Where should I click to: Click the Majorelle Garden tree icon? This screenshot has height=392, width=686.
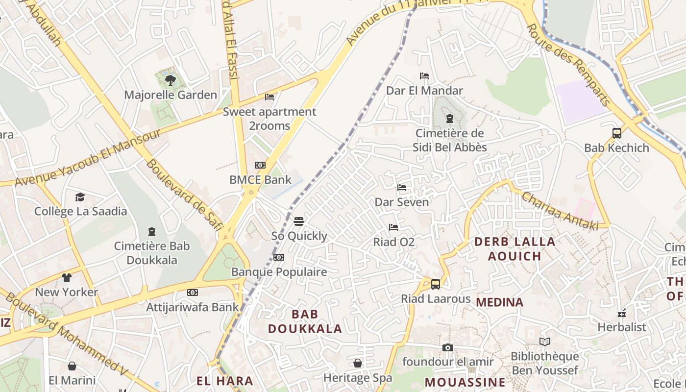pyautogui.click(x=170, y=80)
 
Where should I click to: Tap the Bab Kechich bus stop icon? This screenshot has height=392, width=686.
pyautogui.click(x=616, y=133)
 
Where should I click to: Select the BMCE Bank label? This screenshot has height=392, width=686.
pyautogui.click(x=260, y=180)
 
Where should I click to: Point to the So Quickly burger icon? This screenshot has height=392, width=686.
pyautogui.click(x=299, y=221)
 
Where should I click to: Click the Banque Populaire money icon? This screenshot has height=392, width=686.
pyautogui.click(x=279, y=257)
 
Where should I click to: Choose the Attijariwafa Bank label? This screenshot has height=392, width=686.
pyautogui.click(x=193, y=307)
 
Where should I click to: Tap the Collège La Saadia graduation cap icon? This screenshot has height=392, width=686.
pyautogui.click(x=80, y=197)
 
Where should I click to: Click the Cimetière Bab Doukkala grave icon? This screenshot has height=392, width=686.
pyautogui.click(x=152, y=231)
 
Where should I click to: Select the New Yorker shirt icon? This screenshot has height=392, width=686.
pyautogui.click(x=67, y=278)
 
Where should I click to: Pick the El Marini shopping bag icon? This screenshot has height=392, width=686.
pyautogui.click(x=72, y=366)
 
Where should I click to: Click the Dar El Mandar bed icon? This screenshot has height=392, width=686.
pyautogui.click(x=424, y=76)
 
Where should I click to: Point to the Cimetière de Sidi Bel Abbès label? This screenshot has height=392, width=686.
pyautogui.click(x=449, y=140)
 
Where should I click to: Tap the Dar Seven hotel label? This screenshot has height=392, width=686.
pyautogui.click(x=401, y=202)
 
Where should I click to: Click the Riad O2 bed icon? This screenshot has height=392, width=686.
pyautogui.click(x=393, y=227)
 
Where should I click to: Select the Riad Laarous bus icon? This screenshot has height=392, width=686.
pyautogui.click(x=435, y=284)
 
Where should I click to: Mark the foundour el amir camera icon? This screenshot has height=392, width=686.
pyautogui.click(x=447, y=347)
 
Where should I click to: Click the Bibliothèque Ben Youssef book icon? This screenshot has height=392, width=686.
pyautogui.click(x=544, y=342)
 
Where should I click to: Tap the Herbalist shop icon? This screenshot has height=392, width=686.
pyautogui.click(x=622, y=313)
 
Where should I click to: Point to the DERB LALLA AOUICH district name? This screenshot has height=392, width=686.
pyautogui.click(x=514, y=248)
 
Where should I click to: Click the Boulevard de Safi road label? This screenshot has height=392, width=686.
pyautogui.click(x=185, y=194)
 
